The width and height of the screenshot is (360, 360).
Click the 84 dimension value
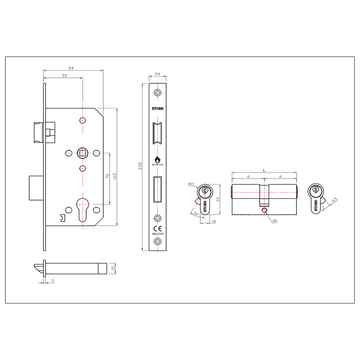[71, 68]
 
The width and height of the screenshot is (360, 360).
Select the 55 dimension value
[64, 76]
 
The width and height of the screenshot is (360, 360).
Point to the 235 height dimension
[140, 167]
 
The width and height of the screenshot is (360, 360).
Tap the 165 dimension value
[115, 175]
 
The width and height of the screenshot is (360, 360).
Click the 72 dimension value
[107, 176]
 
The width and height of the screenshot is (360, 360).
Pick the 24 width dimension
[157, 73]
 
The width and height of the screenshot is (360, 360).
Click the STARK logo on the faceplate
[157, 109]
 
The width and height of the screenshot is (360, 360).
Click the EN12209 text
[157, 233]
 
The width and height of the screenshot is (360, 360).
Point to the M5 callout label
[275, 221]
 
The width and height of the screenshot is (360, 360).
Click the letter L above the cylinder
[264, 170]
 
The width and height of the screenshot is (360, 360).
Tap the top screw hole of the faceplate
[157, 92]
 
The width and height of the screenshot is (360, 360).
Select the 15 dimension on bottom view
[113, 268]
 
